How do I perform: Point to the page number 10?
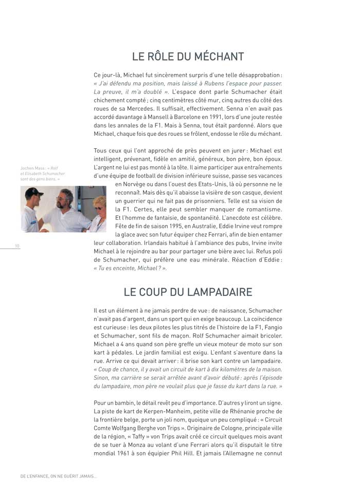(17, 246)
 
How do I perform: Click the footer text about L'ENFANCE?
(58, 477)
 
